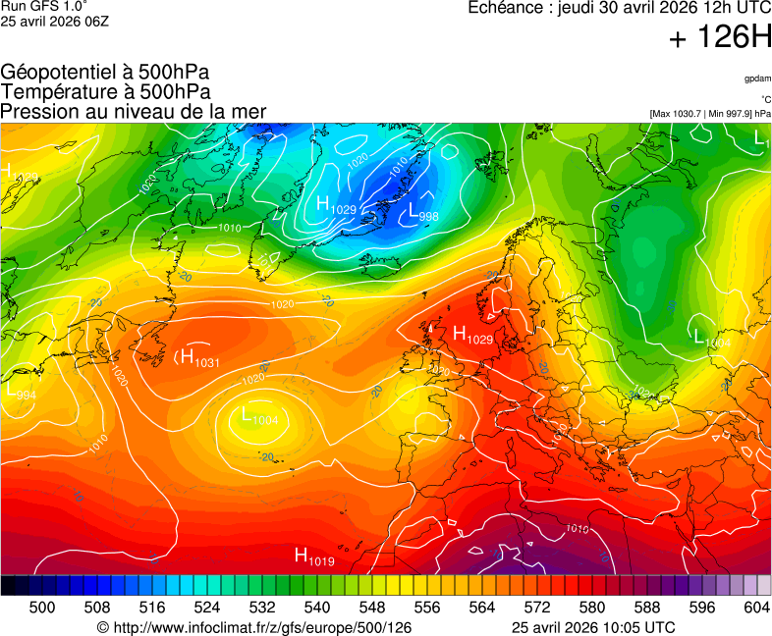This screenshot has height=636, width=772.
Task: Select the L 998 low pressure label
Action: pyautogui.click(x=422, y=212)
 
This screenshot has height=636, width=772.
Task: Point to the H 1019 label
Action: pyautogui.click(x=314, y=557)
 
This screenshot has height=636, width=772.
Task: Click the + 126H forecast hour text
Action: pyautogui.click(x=720, y=38)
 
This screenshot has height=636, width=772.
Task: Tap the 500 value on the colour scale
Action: pyautogui.click(x=42, y=608)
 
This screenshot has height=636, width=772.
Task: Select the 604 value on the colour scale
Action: pyautogui.click(x=756, y=608)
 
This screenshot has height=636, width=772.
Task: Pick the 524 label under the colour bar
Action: pyautogui.click(x=206, y=608)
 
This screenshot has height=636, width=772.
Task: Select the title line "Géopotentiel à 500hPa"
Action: pyautogui.click(x=105, y=73)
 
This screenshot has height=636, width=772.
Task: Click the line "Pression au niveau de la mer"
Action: pyautogui.click(x=134, y=112)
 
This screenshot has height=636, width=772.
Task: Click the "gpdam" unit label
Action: pyautogui.click(x=756, y=79)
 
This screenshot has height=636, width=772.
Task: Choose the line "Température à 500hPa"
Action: pyautogui.click(x=105, y=92)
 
